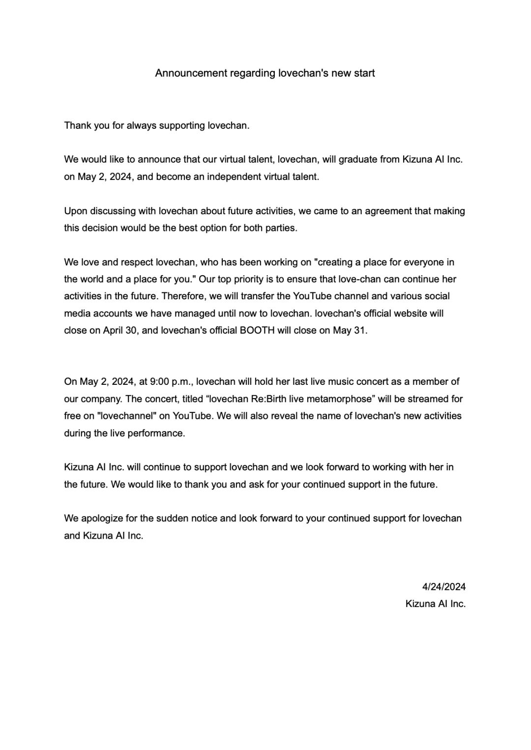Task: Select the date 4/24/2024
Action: click(x=443, y=587)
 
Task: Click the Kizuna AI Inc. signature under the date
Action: click(x=435, y=604)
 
